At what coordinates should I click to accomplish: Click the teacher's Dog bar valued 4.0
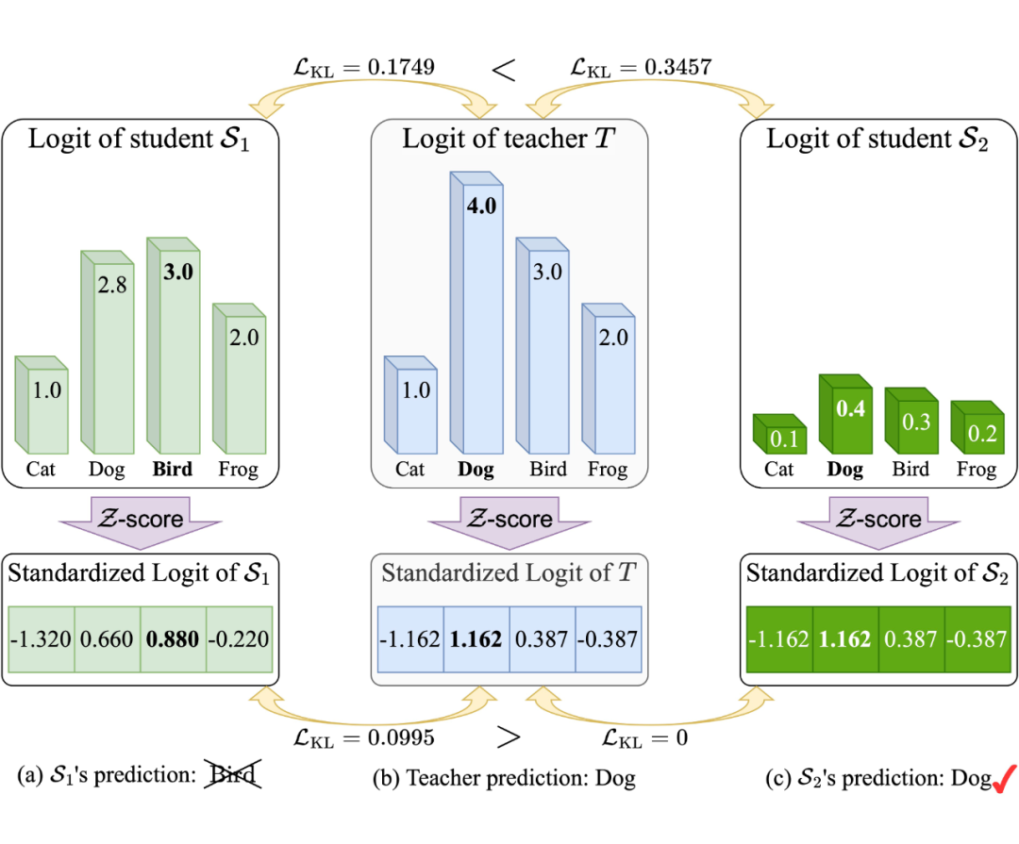tap(482, 311)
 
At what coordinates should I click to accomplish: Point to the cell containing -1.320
tap(41, 638)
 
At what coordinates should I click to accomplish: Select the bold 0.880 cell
tap(173, 638)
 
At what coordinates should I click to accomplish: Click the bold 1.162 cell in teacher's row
tap(476, 638)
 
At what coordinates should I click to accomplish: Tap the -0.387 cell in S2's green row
tap(977, 638)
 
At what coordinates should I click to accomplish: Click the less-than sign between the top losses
tap(505, 68)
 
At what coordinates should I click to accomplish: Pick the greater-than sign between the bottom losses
tap(508, 737)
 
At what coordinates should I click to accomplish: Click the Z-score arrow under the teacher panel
tap(509, 521)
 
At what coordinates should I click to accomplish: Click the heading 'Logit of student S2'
tap(877, 140)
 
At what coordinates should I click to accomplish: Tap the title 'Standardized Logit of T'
tap(509, 573)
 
